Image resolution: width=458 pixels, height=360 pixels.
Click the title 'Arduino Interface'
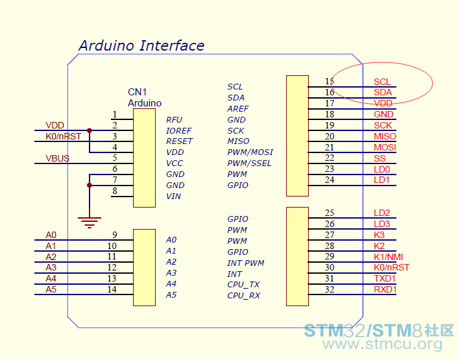(x=141, y=45)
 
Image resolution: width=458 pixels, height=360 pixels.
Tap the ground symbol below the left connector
(x=90, y=222)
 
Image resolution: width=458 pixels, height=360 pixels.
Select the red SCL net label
(x=382, y=82)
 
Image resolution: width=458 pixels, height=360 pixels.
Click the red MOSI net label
(x=385, y=147)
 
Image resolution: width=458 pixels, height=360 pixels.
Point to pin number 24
(x=329, y=180)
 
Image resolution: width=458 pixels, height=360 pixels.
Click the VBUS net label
(x=57, y=158)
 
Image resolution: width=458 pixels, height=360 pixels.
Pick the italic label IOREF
(x=179, y=131)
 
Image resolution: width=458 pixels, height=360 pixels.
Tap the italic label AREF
(x=238, y=108)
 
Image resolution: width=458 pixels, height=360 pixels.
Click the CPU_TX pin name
(x=243, y=285)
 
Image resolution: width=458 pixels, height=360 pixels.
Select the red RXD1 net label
(x=385, y=289)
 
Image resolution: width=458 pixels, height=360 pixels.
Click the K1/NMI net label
(x=388, y=257)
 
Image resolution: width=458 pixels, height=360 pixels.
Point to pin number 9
(x=114, y=235)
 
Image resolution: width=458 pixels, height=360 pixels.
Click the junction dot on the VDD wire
(x=90, y=130)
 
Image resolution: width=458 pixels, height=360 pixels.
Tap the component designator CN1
(x=137, y=92)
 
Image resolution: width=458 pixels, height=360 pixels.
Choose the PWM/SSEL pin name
(x=249, y=163)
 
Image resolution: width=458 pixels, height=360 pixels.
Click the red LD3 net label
(x=381, y=224)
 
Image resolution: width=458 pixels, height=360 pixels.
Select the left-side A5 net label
(x=51, y=289)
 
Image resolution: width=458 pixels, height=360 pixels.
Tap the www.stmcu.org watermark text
(x=382, y=344)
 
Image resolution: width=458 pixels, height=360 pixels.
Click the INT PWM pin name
(x=246, y=263)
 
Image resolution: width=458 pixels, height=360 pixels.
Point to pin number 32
(x=329, y=289)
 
